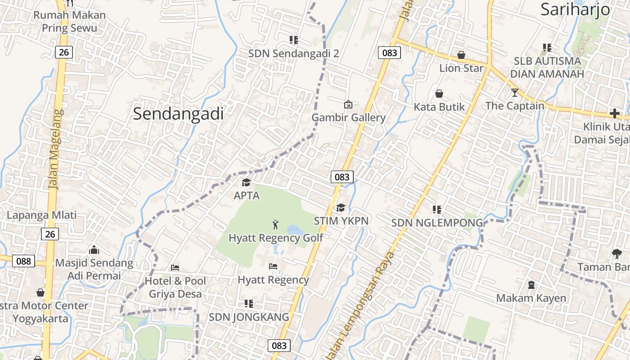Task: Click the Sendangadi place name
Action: tap(178, 114)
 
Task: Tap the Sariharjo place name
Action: tap(575, 9)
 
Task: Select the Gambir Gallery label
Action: tap(349, 118)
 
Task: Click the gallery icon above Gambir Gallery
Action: tap(348, 104)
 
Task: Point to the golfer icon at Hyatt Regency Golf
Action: tap(275, 224)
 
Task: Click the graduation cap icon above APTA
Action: tap(246, 182)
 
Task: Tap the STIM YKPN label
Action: tap(341, 221)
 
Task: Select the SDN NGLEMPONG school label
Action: tap(436, 223)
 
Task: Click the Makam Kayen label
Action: tap(531, 298)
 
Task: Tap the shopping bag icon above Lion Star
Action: tap(461, 55)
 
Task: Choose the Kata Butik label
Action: tap(439, 107)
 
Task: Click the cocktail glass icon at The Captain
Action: tap(515, 93)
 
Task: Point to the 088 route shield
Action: tap(23, 261)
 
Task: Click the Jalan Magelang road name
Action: tap(54, 148)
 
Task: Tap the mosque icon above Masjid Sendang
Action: tap(94, 249)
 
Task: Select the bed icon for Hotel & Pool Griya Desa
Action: tap(175, 268)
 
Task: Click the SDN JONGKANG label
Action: tap(249, 317)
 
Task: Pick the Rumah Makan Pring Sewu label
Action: tap(69, 22)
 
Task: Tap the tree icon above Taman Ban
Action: tap(616, 253)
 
